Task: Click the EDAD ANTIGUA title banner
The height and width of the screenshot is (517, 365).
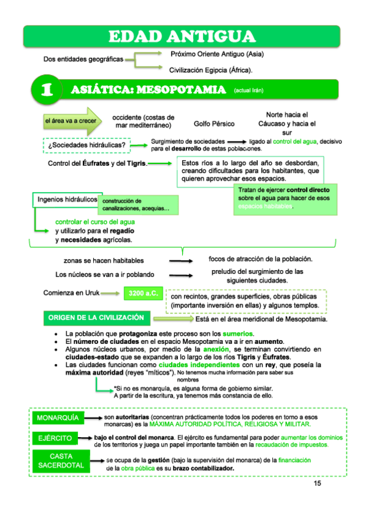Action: [x=183, y=36]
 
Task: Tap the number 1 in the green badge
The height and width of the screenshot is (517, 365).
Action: [x=47, y=90]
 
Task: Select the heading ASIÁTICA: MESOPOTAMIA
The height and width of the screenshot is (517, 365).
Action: [x=148, y=90]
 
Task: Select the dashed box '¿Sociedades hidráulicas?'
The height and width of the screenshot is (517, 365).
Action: [x=87, y=145]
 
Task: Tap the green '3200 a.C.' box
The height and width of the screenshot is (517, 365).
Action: [x=143, y=293]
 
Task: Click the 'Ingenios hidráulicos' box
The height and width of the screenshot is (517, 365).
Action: [x=67, y=199]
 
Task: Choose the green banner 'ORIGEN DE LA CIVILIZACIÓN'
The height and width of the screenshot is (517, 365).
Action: [x=96, y=318]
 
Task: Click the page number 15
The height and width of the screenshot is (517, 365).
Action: [x=317, y=483]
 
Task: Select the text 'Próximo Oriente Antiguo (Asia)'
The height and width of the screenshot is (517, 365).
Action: [x=217, y=54]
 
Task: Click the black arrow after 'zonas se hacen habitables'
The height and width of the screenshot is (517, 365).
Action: [x=182, y=261]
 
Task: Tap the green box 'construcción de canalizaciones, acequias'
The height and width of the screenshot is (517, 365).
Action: [x=138, y=205]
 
